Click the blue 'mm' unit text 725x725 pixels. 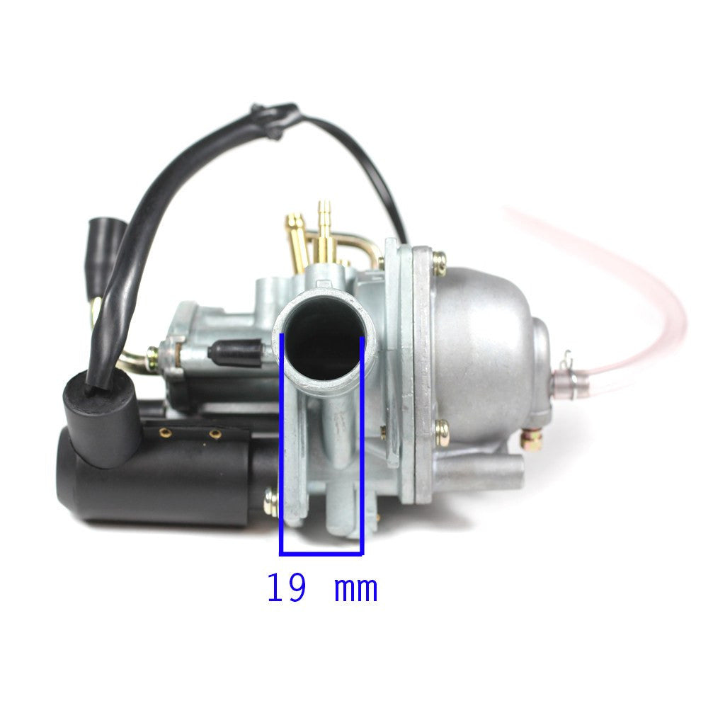(x=355, y=590)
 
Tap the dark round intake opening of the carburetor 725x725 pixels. (x=325, y=338)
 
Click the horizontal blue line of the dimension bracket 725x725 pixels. (x=322, y=552)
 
